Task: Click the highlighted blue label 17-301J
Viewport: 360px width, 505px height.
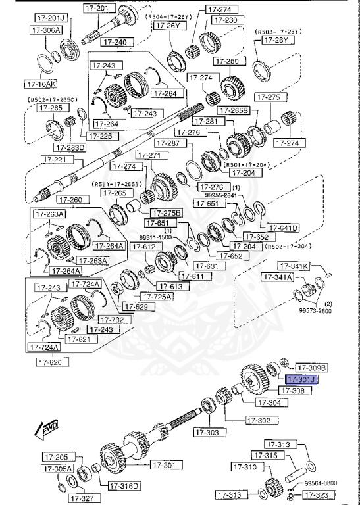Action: [x=301, y=379]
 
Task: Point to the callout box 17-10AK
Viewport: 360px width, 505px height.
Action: [x=40, y=84]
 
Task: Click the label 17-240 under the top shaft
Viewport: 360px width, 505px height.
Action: [x=116, y=41]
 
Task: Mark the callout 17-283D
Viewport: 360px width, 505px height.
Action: [x=71, y=147]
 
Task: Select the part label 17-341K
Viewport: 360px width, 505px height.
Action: [x=294, y=266]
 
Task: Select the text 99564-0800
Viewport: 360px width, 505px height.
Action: [x=321, y=482]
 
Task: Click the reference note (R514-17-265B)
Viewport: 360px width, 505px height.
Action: [x=116, y=184]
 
